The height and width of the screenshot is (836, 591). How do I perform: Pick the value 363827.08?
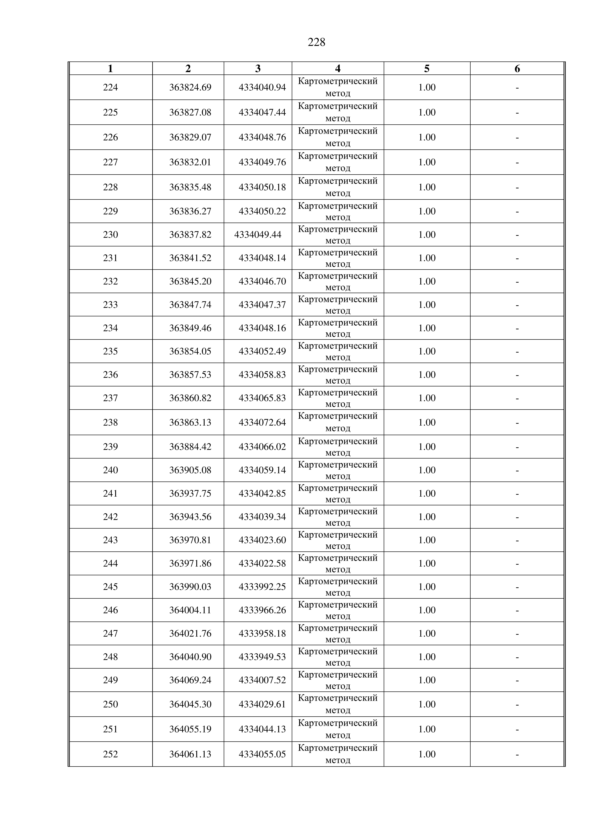click(190, 112)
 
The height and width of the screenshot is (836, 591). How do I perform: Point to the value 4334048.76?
click(262, 137)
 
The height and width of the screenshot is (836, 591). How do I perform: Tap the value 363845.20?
click(190, 281)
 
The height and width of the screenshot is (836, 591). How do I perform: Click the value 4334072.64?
click(262, 422)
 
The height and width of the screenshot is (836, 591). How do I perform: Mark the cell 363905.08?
click(190, 470)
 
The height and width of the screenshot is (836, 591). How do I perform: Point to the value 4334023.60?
click(262, 540)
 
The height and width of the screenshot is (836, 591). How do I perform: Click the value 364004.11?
click(190, 610)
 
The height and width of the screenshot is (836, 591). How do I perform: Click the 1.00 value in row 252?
click(427, 754)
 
